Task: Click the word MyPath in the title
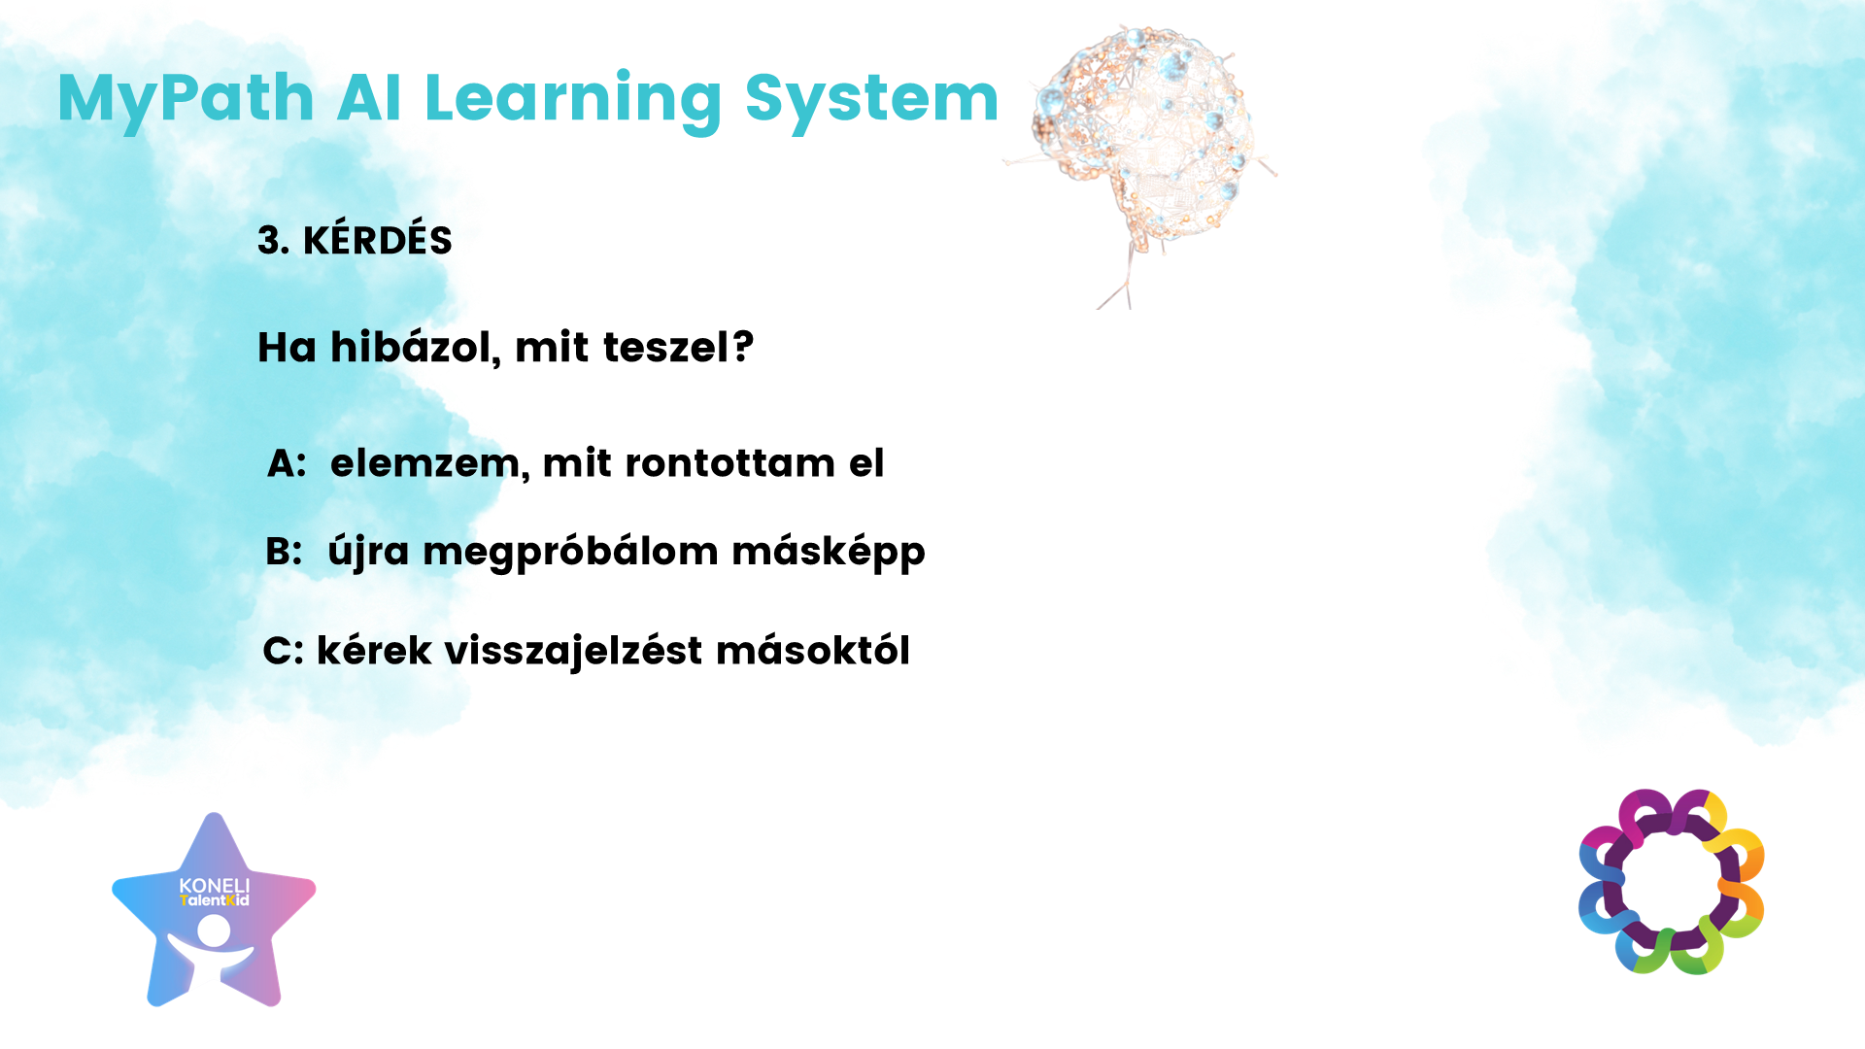tap(186, 101)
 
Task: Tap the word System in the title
tap(871, 101)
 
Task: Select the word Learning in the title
tap(573, 101)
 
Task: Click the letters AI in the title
tap(369, 98)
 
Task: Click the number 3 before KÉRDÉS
tap(272, 240)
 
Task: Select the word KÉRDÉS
tap(378, 238)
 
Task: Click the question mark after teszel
tap(743, 346)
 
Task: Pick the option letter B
tap(284, 551)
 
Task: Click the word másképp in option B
tap(829, 553)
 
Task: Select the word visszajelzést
tap(573, 651)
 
